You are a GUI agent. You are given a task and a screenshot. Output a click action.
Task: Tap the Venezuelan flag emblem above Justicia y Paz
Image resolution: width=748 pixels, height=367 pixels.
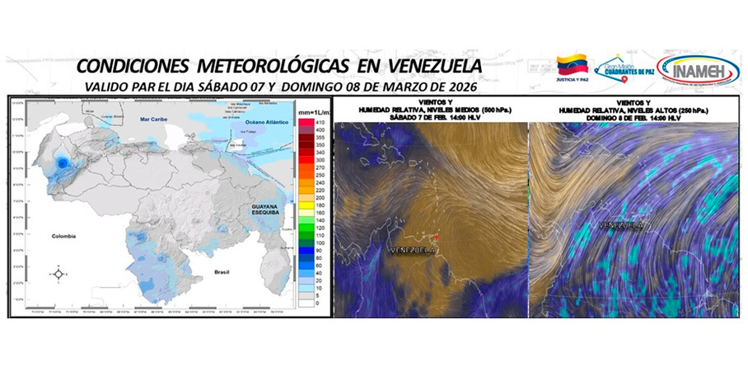[573, 65]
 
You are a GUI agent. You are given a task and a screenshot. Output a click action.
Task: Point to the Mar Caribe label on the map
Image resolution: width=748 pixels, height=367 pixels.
[154, 120]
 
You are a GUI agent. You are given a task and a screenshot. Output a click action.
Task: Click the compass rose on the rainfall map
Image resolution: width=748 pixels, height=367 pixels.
[60, 274]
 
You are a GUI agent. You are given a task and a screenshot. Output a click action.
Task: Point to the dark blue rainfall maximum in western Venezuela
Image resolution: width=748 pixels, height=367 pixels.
[62, 164]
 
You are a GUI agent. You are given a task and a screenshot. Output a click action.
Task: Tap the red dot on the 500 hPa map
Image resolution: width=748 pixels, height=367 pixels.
[437, 237]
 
